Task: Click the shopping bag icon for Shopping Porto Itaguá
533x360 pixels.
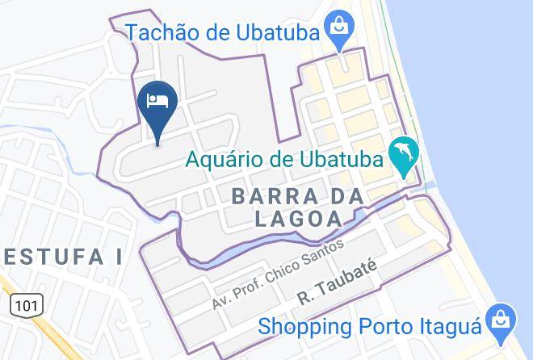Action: click(502, 320)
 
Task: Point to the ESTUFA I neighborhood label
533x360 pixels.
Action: click(61, 257)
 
